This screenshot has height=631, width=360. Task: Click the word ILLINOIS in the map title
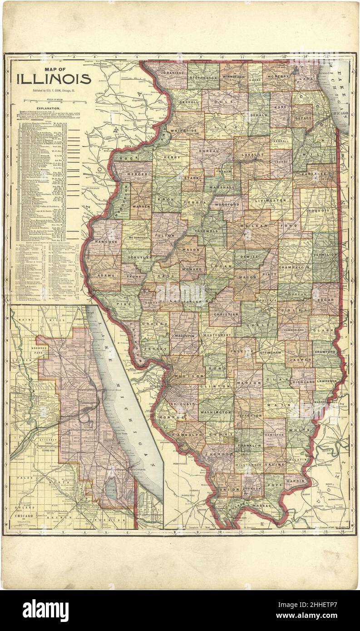coord(54,79)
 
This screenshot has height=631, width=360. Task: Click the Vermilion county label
coord(325,256)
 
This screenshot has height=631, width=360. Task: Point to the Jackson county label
coord(218,453)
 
